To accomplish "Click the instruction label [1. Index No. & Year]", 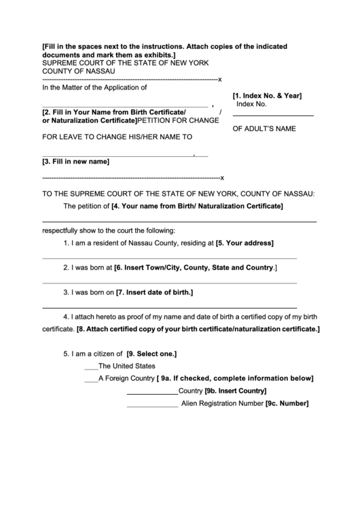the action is click(x=267, y=95).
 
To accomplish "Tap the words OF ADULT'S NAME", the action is click(x=264, y=129).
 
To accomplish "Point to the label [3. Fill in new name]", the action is click(x=76, y=162).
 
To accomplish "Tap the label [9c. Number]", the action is click(x=287, y=403).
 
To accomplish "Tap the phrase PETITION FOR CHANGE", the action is click(x=178, y=121).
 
